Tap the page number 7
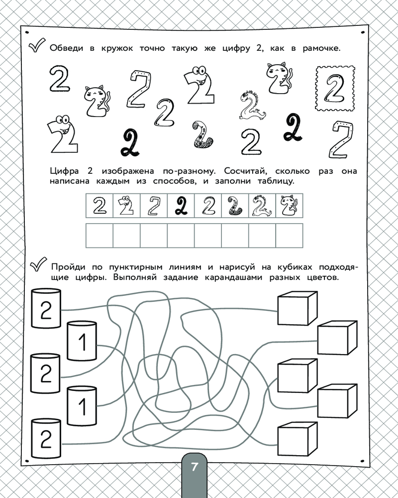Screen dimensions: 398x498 [x=194, y=467]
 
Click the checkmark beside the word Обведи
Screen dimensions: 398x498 [x=37, y=45]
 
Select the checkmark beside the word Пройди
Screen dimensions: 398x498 [x=38, y=264]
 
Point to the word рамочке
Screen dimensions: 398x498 [x=321, y=49]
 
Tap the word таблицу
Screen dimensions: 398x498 [x=276, y=182]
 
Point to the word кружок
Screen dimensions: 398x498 [x=117, y=49]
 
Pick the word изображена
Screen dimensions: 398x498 [x=128, y=171]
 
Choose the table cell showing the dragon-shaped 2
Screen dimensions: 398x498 [x=262, y=206]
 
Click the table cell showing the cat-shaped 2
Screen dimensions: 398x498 [x=289, y=206]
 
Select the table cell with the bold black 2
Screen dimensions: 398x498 [x=181, y=206]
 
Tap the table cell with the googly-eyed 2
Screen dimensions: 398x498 [x=127, y=206]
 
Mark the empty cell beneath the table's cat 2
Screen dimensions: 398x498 [x=289, y=236]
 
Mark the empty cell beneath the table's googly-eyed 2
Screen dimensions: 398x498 [x=127, y=236]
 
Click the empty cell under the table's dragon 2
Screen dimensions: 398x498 [x=262, y=236]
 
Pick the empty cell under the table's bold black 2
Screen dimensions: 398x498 [x=181, y=236]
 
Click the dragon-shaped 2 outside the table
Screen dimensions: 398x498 [x=252, y=105]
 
